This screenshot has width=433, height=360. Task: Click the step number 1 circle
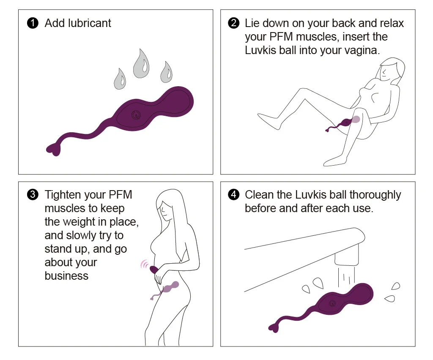33,23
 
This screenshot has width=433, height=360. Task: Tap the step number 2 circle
233,23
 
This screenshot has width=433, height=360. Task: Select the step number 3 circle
33,195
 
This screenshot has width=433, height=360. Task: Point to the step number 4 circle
233,195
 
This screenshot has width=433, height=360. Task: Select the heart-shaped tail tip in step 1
54,149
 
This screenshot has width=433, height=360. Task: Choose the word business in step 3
66,276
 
